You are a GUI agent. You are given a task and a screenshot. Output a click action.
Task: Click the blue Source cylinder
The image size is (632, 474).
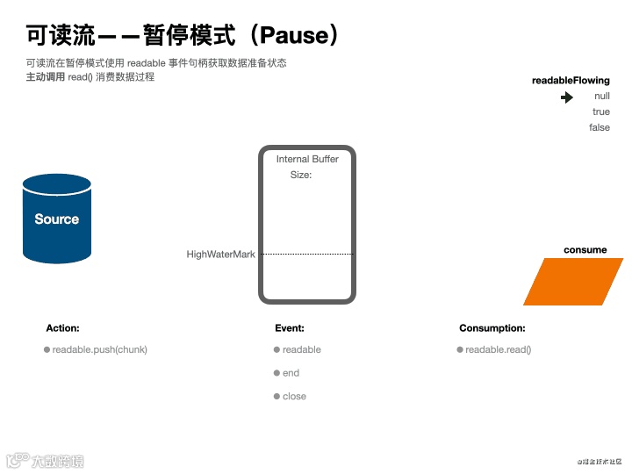point(57,219)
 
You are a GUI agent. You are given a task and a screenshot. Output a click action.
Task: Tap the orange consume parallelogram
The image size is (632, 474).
point(573,282)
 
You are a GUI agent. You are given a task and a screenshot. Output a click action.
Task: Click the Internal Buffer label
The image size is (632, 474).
point(307,159)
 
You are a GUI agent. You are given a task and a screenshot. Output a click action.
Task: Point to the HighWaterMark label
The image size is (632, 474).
point(220,255)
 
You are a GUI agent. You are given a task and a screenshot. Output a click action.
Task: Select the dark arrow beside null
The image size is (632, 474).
point(568,97)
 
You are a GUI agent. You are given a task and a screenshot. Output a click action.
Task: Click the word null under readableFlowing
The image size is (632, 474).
point(601,97)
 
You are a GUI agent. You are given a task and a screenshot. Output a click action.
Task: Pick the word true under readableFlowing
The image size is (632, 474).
point(600,112)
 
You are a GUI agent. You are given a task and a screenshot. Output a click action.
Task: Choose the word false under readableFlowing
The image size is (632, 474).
point(600,128)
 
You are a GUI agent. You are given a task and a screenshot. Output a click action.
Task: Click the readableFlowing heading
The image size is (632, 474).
point(571,81)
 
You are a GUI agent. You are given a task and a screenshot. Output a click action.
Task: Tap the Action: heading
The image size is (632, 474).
point(62,328)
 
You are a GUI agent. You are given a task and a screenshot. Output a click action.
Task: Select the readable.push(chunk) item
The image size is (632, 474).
point(99,349)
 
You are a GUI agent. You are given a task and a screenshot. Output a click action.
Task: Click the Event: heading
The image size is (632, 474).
point(290,328)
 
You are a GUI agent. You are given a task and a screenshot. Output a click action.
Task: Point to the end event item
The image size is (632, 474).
point(291,373)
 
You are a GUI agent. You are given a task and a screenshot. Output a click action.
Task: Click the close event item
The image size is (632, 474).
point(294,397)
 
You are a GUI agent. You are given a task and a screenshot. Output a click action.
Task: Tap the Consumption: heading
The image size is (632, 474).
point(492,328)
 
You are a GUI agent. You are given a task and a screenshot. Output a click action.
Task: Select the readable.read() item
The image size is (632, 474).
point(498,349)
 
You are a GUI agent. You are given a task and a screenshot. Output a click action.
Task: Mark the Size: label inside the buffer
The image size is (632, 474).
point(301,175)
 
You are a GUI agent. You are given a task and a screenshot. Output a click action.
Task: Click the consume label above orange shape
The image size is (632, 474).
point(585,250)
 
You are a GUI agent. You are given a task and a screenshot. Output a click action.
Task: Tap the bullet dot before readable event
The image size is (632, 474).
point(276,349)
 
